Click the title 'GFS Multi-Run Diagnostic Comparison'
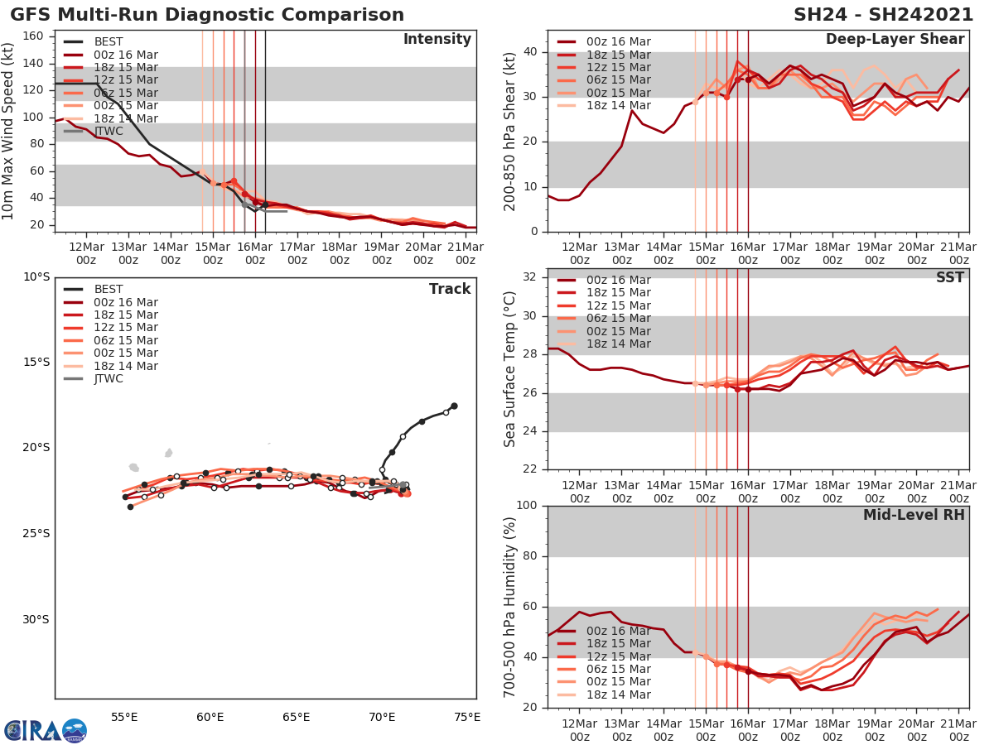207,15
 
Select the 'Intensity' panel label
437,40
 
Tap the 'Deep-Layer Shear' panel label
895,40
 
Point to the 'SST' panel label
949,277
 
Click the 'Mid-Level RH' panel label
914,515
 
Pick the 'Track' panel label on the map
450,289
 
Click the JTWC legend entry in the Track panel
109,379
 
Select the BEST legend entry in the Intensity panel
109,41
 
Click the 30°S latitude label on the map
36,619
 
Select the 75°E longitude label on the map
467,717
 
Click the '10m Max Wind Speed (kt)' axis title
9,131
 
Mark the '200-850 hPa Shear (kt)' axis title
510,131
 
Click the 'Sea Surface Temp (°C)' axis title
510,368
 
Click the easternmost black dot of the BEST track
454,406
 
